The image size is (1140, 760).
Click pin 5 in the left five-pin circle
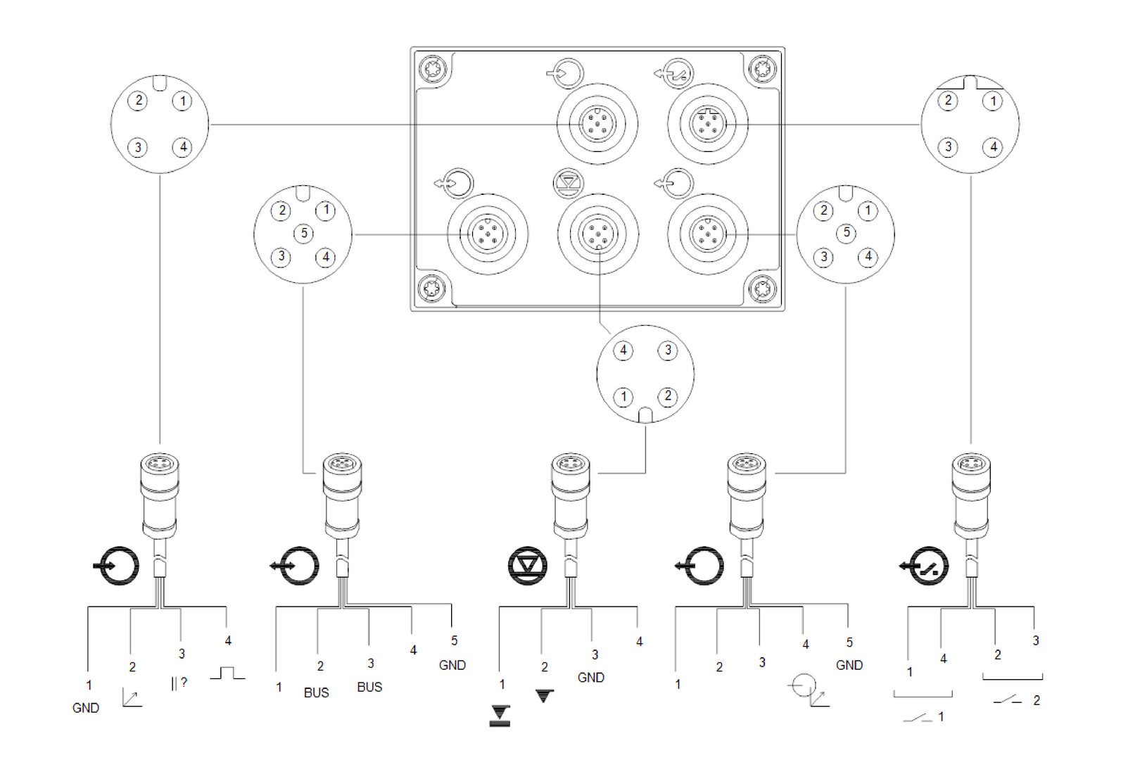[x=304, y=233]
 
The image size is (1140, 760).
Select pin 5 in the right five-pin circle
[x=847, y=232]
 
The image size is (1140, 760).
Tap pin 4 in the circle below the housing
[x=623, y=350]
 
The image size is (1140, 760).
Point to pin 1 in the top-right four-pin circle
[x=993, y=101]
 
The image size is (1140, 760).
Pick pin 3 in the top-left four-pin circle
[x=138, y=147]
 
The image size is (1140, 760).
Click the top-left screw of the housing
[x=432, y=70]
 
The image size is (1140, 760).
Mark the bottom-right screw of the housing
[x=763, y=289]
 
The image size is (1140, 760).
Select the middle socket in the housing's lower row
[x=597, y=234]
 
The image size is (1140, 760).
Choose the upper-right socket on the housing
[x=707, y=124]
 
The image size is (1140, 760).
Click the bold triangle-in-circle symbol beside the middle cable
[x=528, y=565]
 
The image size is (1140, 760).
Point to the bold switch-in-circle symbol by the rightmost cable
[x=927, y=566]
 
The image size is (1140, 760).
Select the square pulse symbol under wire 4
[x=227, y=673]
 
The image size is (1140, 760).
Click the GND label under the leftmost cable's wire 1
[x=86, y=708]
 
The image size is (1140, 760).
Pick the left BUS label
[x=316, y=692]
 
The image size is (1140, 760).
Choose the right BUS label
[x=369, y=687]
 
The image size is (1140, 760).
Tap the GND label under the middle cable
[x=590, y=677]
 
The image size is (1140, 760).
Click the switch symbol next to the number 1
[x=918, y=718]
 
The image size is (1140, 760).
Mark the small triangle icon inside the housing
[x=569, y=182]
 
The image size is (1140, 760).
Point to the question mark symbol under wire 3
[x=184, y=682]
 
